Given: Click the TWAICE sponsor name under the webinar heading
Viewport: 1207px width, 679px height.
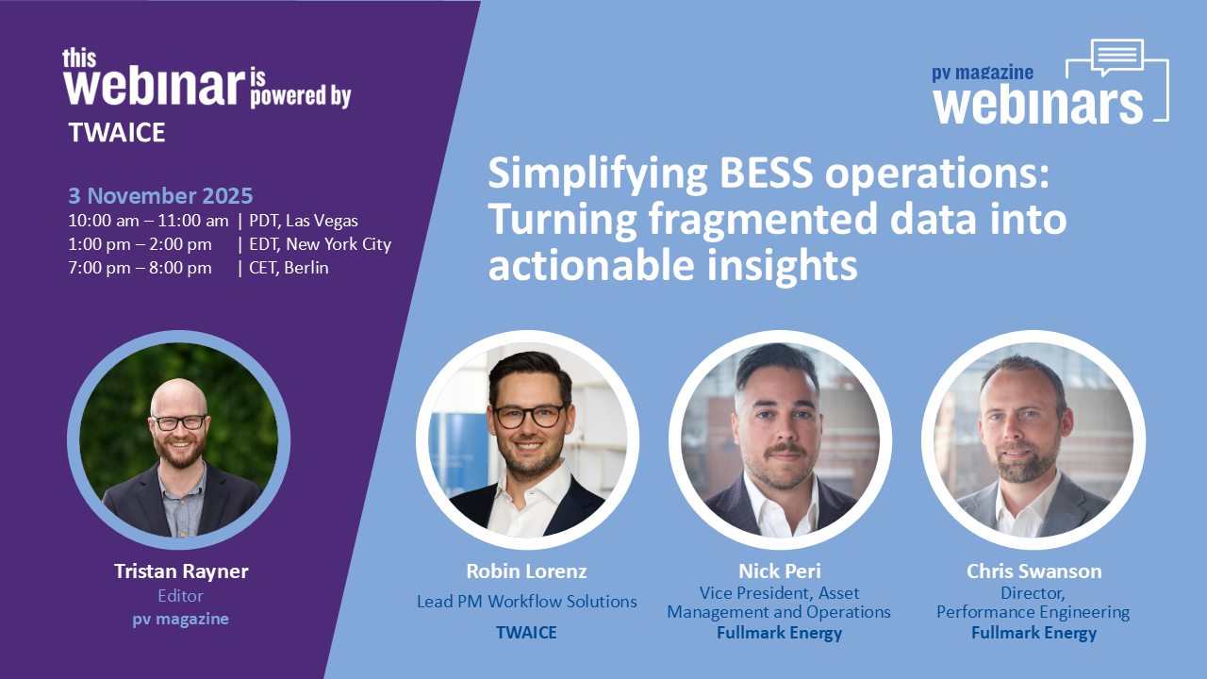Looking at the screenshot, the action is (x=116, y=133).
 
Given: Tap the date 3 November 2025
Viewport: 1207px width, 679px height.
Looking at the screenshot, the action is (x=160, y=195).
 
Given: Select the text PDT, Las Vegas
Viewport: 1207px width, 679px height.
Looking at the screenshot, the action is (x=304, y=221).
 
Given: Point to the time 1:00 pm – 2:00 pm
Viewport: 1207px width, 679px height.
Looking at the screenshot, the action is (x=140, y=244).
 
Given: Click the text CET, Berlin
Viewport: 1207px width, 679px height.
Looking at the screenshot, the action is (x=289, y=268).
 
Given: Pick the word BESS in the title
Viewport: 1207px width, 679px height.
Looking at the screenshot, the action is (x=766, y=173).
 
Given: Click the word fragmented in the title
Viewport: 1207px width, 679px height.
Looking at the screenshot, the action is (x=763, y=221).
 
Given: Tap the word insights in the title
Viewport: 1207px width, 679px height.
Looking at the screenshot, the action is (x=782, y=266).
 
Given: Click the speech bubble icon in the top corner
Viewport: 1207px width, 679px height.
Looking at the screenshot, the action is (x=1117, y=58).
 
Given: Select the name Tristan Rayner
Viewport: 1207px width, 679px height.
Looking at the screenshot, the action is (x=181, y=571).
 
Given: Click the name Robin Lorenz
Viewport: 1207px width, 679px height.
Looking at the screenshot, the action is (x=526, y=571).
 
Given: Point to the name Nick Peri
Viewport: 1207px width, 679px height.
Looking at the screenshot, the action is (x=780, y=571).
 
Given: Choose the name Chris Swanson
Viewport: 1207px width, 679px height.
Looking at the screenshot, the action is (x=1034, y=571).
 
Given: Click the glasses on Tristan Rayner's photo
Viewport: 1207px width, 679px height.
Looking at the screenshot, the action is (x=179, y=422).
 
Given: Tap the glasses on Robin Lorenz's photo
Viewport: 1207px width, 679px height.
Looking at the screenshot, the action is (x=529, y=416).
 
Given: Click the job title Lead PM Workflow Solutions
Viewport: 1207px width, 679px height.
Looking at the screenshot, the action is (x=527, y=602).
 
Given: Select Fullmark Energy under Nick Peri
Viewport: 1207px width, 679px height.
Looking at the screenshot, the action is (x=779, y=633).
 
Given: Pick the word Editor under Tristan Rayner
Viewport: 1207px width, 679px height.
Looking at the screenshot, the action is (x=180, y=596).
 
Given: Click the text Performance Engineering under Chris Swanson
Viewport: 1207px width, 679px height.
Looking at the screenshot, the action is (x=1033, y=612).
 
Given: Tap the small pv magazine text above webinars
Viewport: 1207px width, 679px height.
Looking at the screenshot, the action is (x=983, y=73).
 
